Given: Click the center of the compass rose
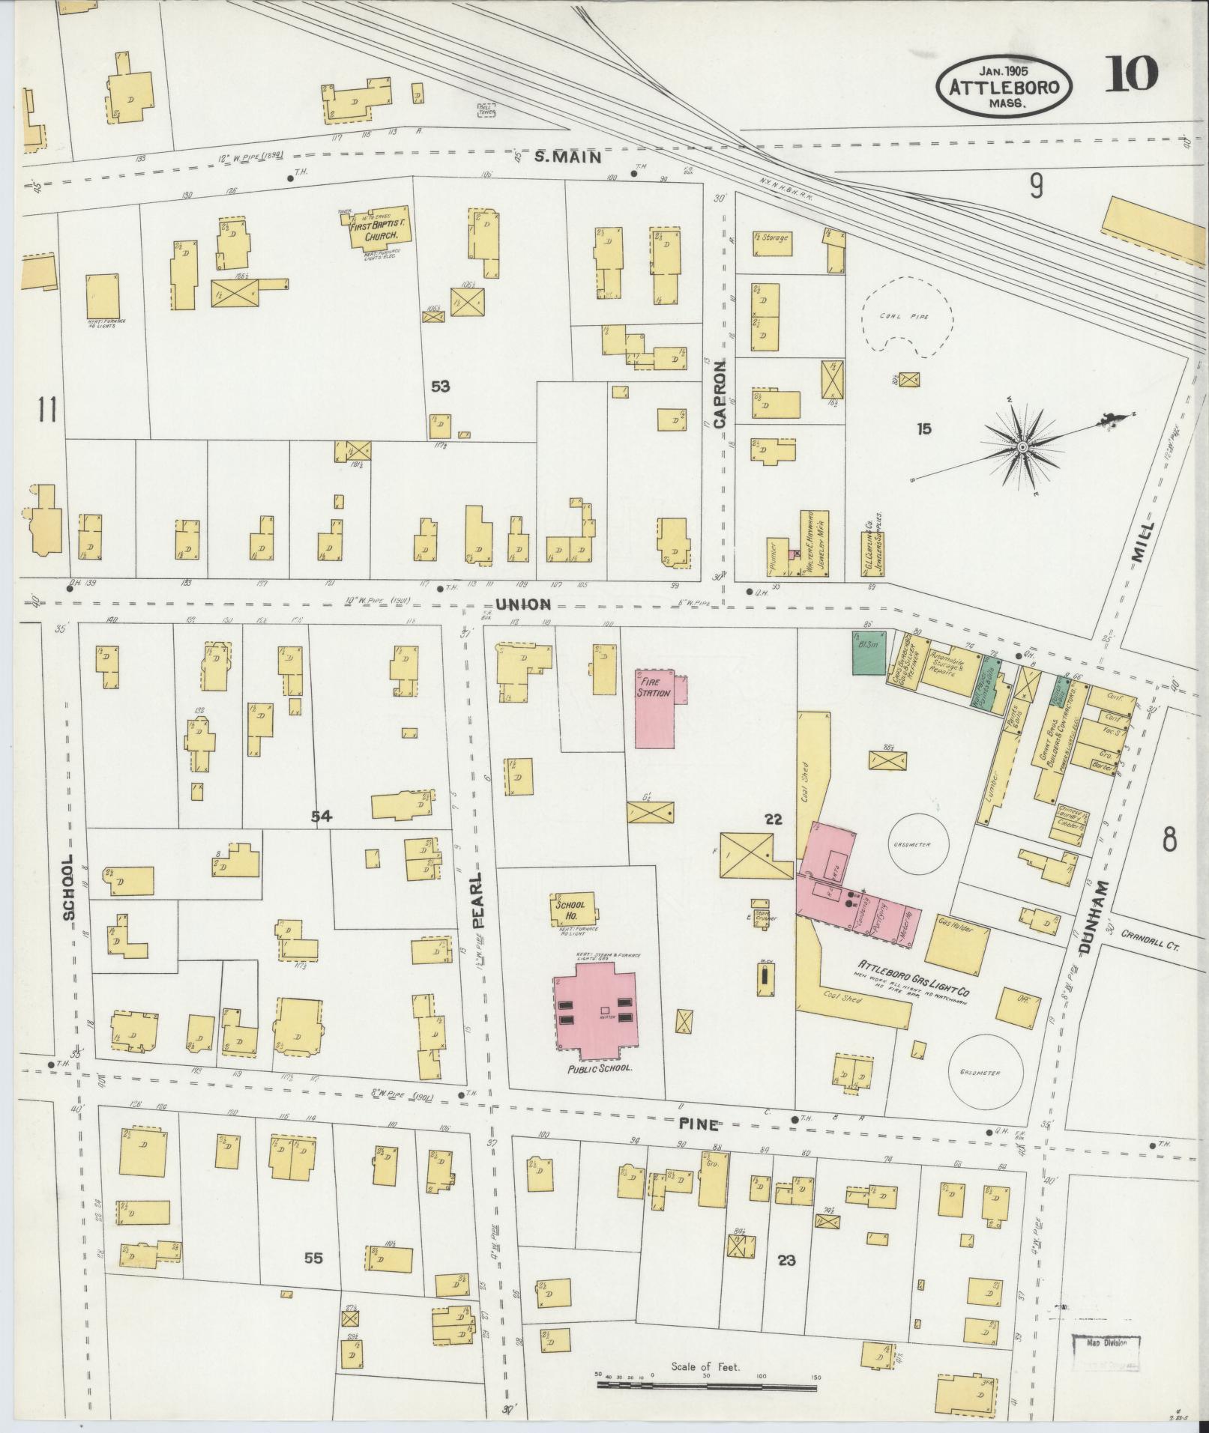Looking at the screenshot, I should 1022,447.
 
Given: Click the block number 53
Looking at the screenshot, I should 440,387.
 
